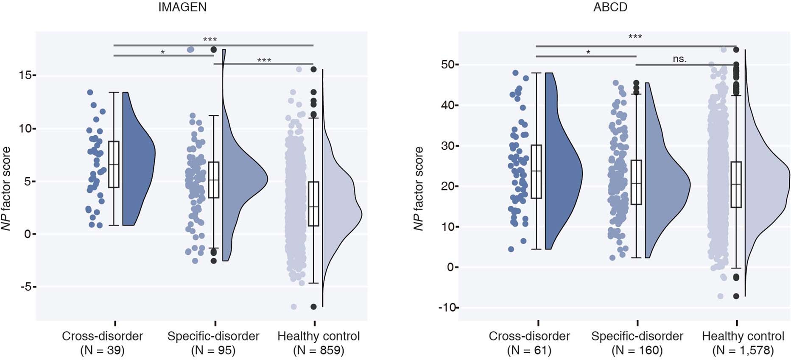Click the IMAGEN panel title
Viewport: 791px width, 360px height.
182,8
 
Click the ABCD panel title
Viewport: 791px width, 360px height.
610,8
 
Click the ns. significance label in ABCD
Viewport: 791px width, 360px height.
679,59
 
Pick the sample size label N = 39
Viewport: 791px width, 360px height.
102,351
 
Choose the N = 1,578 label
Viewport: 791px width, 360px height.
743,351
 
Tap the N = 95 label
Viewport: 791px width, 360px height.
213,351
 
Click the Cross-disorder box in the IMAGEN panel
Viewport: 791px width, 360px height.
114,164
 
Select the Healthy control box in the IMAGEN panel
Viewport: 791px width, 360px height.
313,204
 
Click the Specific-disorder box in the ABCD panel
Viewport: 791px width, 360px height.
636,182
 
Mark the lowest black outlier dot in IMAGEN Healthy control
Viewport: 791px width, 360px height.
313,306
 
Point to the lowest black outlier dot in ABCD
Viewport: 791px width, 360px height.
736,296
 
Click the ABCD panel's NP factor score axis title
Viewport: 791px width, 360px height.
419,189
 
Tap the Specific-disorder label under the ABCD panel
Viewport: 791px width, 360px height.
637,336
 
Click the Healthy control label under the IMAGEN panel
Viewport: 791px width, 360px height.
319,336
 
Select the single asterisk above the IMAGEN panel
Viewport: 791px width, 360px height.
163,52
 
